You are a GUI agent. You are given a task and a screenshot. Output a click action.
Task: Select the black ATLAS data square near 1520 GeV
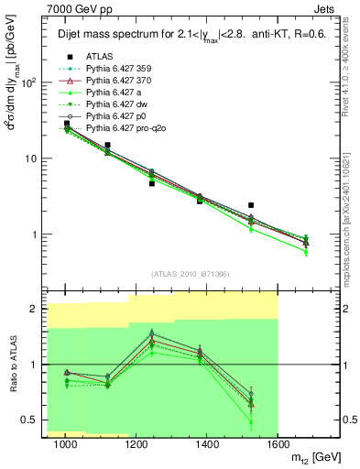point(251,205)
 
